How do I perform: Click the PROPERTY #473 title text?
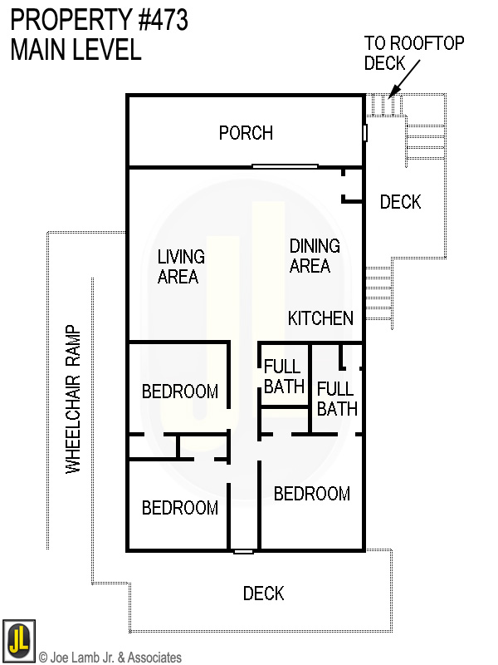(x=99, y=20)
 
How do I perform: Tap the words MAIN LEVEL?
(x=76, y=50)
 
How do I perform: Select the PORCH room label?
(x=246, y=133)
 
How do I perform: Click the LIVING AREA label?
(x=181, y=266)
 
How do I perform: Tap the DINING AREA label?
(x=315, y=256)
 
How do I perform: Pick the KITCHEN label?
(x=320, y=318)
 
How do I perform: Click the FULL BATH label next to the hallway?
(x=283, y=376)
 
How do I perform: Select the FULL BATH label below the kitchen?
(x=336, y=398)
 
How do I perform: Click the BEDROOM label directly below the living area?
(x=180, y=391)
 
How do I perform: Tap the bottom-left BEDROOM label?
(x=180, y=507)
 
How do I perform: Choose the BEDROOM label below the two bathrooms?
(x=312, y=494)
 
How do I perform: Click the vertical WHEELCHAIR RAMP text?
(x=74, y=399)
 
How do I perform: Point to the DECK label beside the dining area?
(x=400, y=202)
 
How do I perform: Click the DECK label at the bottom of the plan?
(x=263, y=594)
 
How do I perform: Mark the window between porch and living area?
(x=285, y=166)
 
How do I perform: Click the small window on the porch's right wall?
(x=364, y=133)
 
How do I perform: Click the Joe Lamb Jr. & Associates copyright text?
(x=110, y=658)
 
